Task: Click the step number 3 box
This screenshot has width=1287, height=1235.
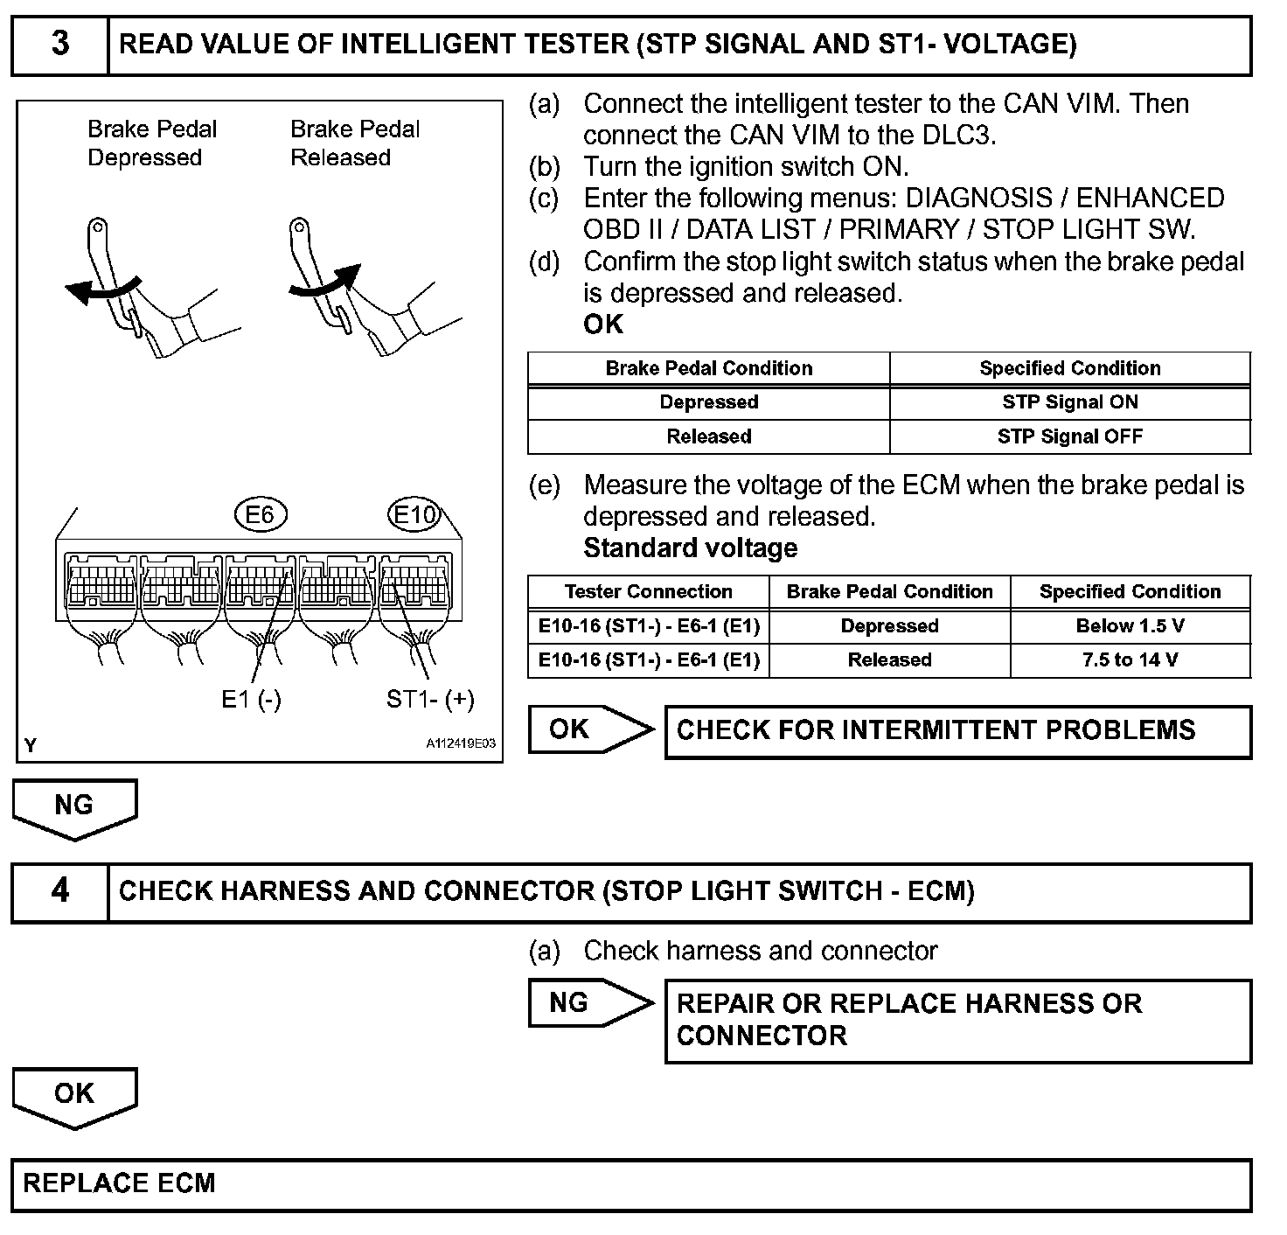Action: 59,45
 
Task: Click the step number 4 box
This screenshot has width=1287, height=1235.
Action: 59,891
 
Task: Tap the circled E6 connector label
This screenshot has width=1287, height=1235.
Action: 261,514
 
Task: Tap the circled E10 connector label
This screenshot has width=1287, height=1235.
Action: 414,514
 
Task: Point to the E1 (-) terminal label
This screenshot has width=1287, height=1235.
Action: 251,699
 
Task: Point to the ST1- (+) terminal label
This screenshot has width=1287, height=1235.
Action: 430,699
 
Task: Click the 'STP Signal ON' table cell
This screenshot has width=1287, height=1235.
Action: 1069,402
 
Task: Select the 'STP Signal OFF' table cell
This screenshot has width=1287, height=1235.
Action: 1069,436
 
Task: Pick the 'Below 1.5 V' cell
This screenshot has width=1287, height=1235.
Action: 1130,626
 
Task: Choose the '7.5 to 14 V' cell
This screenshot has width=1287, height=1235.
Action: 1130,660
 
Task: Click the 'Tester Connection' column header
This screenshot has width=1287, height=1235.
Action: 648,592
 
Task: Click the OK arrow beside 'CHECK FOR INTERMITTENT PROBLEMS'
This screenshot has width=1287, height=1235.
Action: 589,729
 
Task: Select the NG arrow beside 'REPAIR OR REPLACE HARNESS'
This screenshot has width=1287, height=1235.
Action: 589,1003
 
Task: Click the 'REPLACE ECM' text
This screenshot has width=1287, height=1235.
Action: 119,1184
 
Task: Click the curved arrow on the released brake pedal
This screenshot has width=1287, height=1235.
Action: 325,282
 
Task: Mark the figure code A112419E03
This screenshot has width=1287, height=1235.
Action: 461,743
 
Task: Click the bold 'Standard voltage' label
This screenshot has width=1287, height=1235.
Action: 690,548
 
